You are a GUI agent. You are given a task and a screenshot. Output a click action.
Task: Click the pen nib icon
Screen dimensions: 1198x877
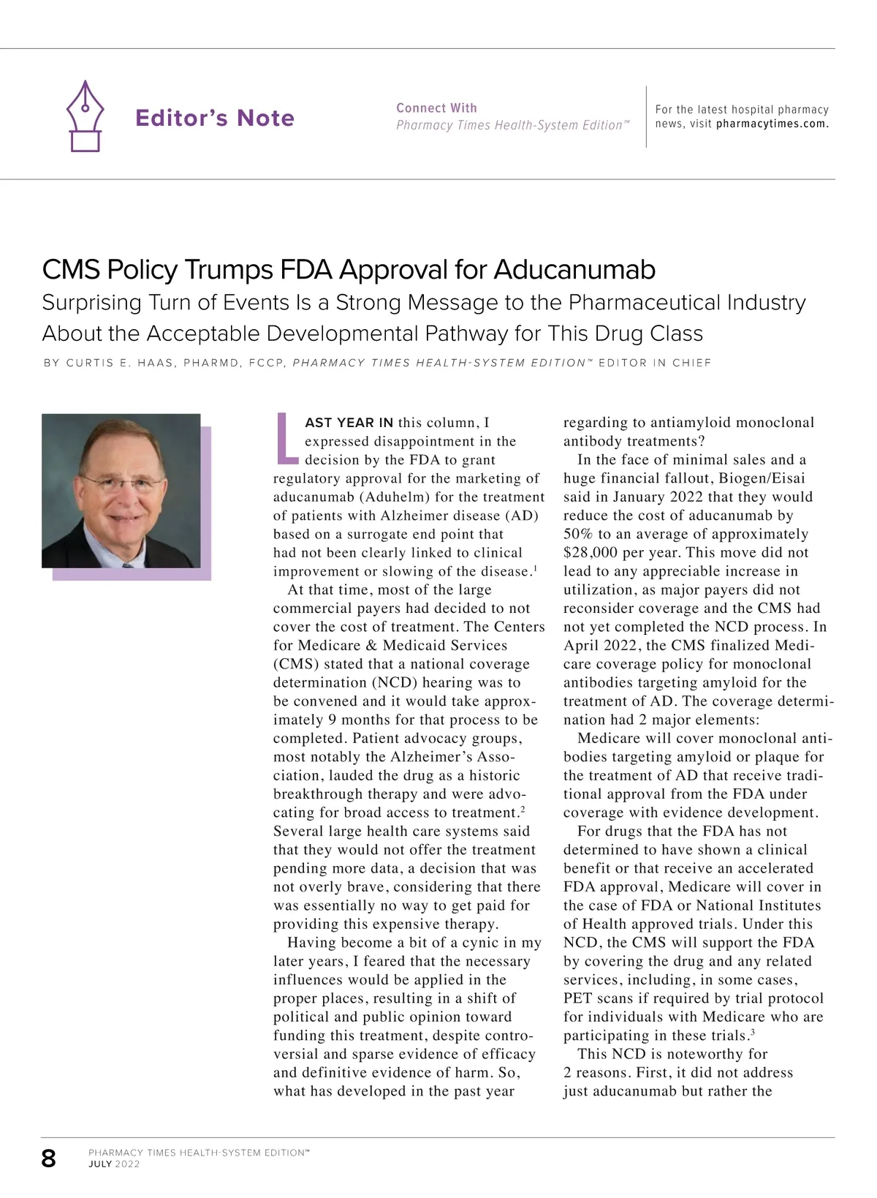(86, 116)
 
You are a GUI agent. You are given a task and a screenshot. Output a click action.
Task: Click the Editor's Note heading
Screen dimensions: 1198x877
(215, 118)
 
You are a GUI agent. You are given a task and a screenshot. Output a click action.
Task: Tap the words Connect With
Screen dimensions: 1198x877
(436, 108)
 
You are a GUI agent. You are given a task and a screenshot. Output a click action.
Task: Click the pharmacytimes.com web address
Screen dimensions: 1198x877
(772, 124)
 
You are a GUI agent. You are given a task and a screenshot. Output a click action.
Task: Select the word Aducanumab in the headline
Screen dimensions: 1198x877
(574, 270)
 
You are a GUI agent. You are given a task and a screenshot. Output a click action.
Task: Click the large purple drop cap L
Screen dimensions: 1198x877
(286, 439)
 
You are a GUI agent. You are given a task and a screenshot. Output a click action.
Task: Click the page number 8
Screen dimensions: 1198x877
(49, 1159)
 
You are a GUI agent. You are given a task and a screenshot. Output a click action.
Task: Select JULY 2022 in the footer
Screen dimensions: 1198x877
(114, 1164)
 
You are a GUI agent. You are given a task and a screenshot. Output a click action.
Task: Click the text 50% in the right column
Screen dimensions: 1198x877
(578, 534)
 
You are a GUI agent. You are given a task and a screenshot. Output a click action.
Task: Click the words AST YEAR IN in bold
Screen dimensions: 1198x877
(349, 423)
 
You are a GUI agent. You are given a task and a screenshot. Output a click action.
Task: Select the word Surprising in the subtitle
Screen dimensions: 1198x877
(92, 303)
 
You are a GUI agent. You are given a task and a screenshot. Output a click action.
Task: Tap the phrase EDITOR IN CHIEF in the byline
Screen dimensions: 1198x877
(655, 363)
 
